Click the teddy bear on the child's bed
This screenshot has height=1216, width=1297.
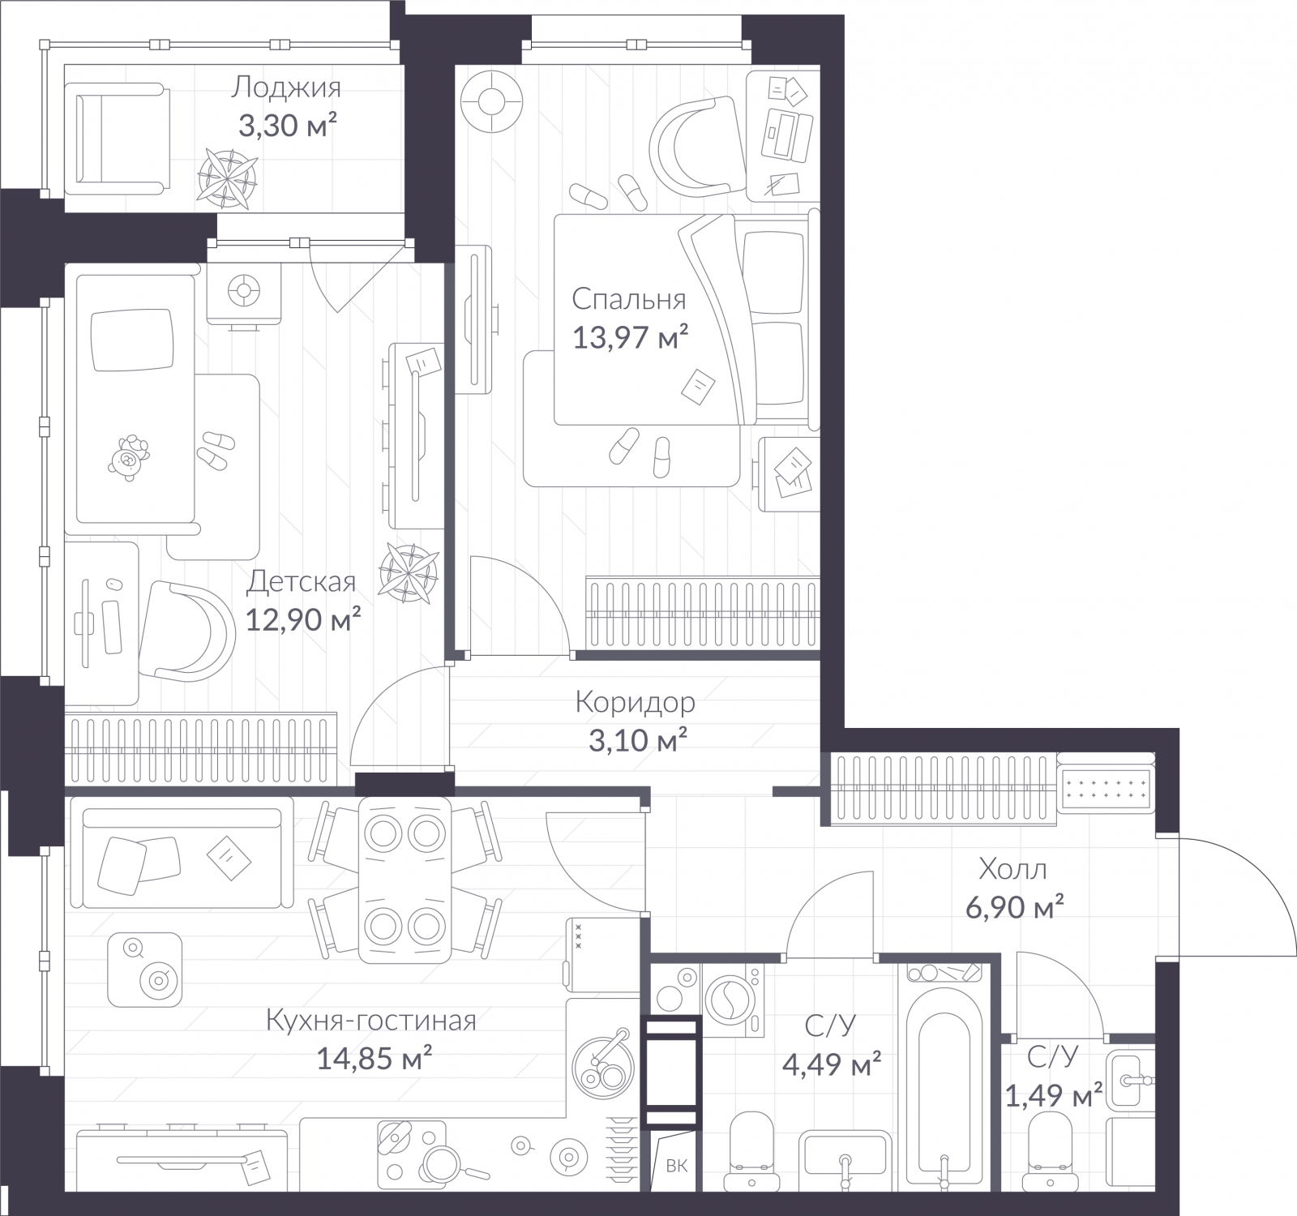tap(130, 457)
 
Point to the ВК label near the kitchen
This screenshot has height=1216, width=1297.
tap(676, 1166)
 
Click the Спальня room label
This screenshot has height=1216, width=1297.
tap(628, 299)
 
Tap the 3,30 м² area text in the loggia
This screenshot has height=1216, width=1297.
tap(287, 126)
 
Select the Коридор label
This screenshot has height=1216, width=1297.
tap(635, 702)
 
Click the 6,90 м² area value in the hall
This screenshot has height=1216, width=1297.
tap(1014, 907)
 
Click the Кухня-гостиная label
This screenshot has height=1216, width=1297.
tap(370, 1021)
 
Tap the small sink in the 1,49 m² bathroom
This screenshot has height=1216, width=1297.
tap(1129, 1078)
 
